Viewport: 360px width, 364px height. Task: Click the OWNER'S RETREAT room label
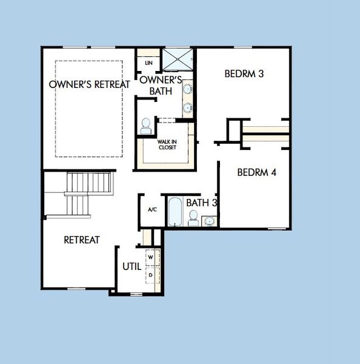[89, 84]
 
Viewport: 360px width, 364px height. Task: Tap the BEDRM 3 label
[244, 75]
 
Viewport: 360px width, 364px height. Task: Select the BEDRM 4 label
[256, 172]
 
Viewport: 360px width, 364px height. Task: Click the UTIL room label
[132, 266]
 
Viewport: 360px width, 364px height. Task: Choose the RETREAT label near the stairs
[82, 240]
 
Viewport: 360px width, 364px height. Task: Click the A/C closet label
[152, 209]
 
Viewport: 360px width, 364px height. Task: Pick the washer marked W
[151, 257]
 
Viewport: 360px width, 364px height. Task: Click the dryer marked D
[151, 274]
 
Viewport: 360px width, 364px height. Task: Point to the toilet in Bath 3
[193, 218]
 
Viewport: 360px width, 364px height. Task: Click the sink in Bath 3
[210, 220]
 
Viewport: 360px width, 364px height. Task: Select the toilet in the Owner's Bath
[146, 126]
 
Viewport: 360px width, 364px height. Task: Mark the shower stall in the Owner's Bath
[176, 59]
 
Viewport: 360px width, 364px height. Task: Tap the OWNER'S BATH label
[161, 86]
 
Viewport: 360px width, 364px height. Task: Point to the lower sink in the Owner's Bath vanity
[188, 108]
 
